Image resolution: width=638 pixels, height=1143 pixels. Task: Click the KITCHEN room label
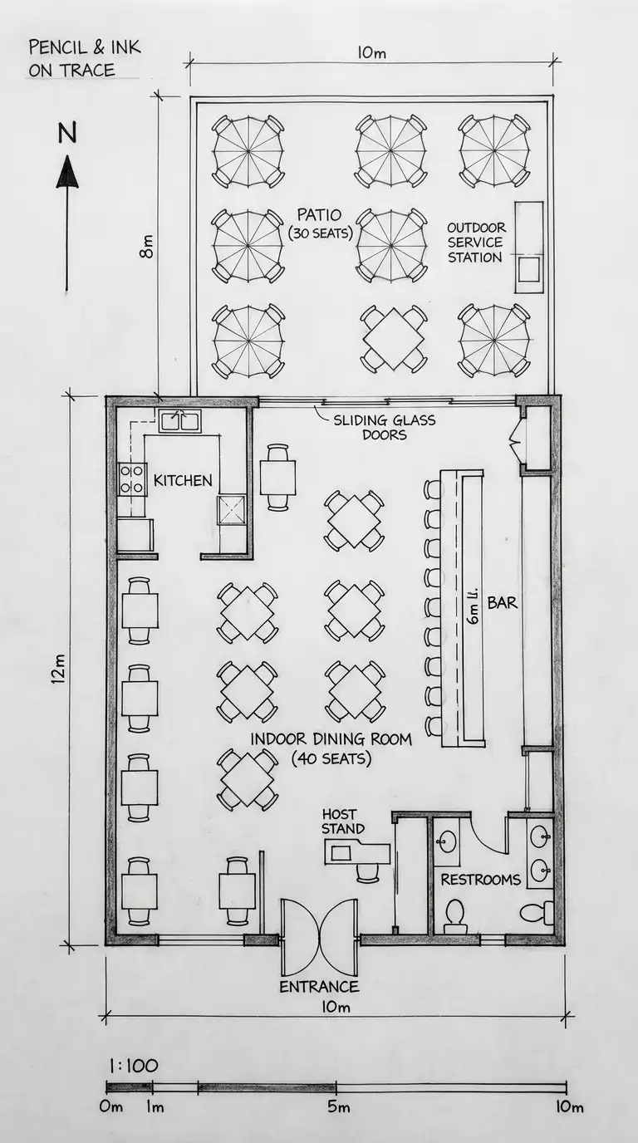tap(183, 480)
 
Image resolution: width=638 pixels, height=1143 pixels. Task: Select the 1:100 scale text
tap(133, 1066)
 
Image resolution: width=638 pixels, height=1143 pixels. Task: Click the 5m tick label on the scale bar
tap(338, 1106)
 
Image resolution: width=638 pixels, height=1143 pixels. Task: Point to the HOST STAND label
tap(343, 821)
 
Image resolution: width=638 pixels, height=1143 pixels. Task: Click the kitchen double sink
tap(179, 421)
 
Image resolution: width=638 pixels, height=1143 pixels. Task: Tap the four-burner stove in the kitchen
tap(132, 479)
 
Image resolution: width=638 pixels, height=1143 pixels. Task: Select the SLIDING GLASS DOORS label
tap(385, 427)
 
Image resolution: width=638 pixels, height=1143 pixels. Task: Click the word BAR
tap(503, 602)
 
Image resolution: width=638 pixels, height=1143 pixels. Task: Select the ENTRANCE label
tap(320, 986)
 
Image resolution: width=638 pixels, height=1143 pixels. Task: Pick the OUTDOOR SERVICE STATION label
tap(476, 243)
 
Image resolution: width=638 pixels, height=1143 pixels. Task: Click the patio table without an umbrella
tap(394, 338)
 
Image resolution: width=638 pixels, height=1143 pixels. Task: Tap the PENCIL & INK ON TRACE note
tap(84, 59)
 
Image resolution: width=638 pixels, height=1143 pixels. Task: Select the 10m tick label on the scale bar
tap(569, 1106)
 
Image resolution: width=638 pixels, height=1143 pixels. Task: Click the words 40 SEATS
tap(331, 758)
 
